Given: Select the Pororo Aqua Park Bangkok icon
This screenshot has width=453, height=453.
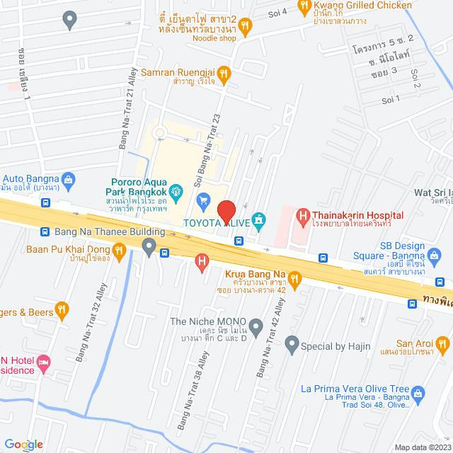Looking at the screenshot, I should tap(178, 190).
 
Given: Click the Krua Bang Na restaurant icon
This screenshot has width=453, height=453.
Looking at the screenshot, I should tap(295, 278).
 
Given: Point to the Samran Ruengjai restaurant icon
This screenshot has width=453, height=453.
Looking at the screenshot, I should tap(223, 72).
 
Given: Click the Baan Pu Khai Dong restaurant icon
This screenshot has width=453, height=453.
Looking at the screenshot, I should tap(120, 249).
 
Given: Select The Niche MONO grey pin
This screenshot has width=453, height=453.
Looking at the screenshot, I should tap(256, 326).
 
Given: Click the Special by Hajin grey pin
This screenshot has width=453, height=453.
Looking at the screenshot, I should tap(291, 346).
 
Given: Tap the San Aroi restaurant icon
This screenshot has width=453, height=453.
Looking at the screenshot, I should tap(443, 345).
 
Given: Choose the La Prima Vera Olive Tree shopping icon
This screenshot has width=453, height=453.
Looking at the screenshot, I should tap(417, 392).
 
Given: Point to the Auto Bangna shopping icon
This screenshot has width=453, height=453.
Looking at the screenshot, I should tap(68, 180).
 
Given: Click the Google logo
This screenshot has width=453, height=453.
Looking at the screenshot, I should tap(23, 445).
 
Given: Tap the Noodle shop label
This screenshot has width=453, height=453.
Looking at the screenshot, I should tap(214, 39).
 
